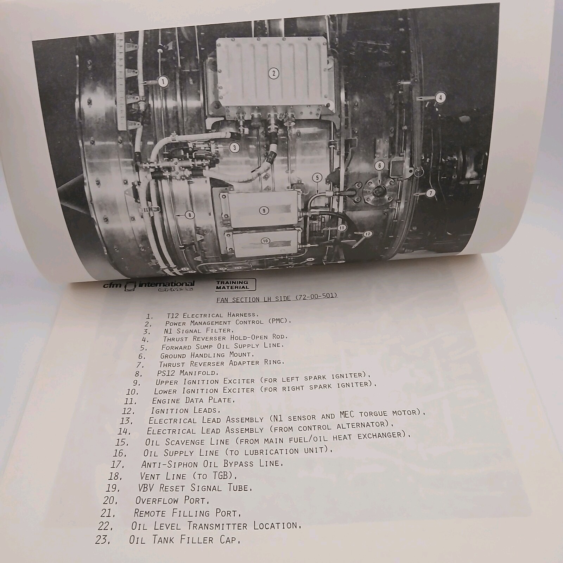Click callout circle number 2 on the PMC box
[x=273, y=74]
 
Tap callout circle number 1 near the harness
[x=163, y=82]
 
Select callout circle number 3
[x=235, y=147]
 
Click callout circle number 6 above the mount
[x=380, y=165]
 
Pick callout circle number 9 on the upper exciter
[x=264, y=211]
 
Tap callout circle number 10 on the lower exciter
[x=265, y=241]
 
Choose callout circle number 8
[x=190, y=215]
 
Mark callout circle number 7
[x=431, y=192]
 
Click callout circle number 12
[x=367, y=234]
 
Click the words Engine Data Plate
[x=193, y=400]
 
